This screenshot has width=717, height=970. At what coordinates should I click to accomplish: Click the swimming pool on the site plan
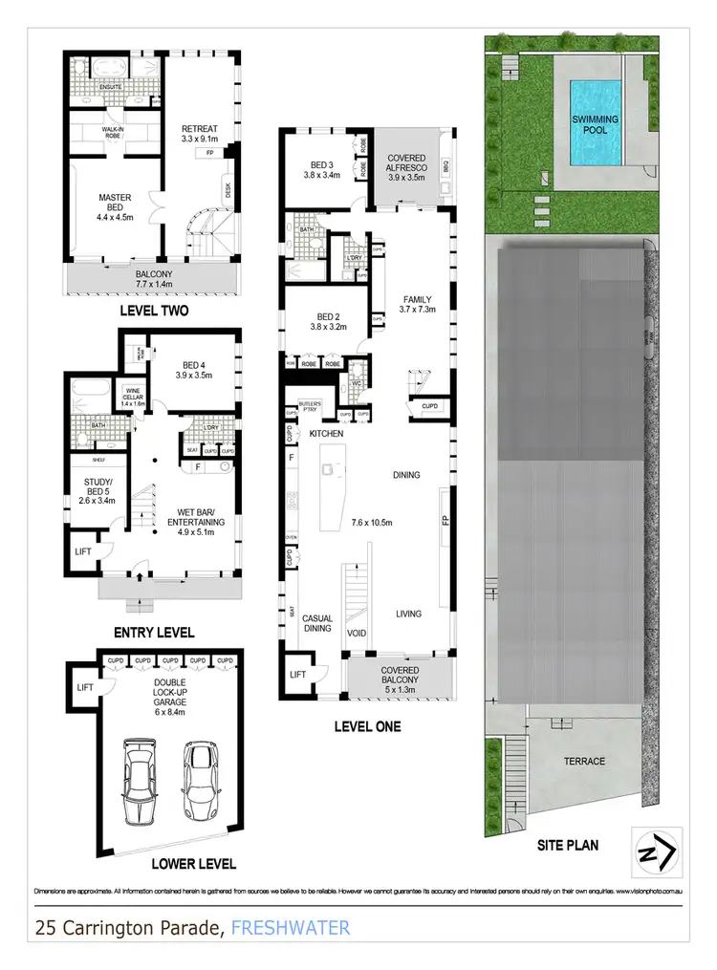(x=594, y=121)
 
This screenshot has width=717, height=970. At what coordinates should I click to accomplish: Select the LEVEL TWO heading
(x=153, y=311)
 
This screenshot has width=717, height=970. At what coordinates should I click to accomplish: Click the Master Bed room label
(x=115, y=205)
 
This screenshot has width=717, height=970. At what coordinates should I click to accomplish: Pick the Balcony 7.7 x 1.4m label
(x=152, y=278)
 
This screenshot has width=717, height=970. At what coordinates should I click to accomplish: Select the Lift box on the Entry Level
(x=83, y=552)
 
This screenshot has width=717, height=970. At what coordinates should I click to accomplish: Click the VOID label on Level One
(x=356, y=633)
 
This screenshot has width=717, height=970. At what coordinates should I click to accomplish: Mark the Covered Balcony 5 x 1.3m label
(x=400, y=677)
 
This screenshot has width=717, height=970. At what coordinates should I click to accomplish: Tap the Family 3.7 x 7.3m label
(x=418, y=304)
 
